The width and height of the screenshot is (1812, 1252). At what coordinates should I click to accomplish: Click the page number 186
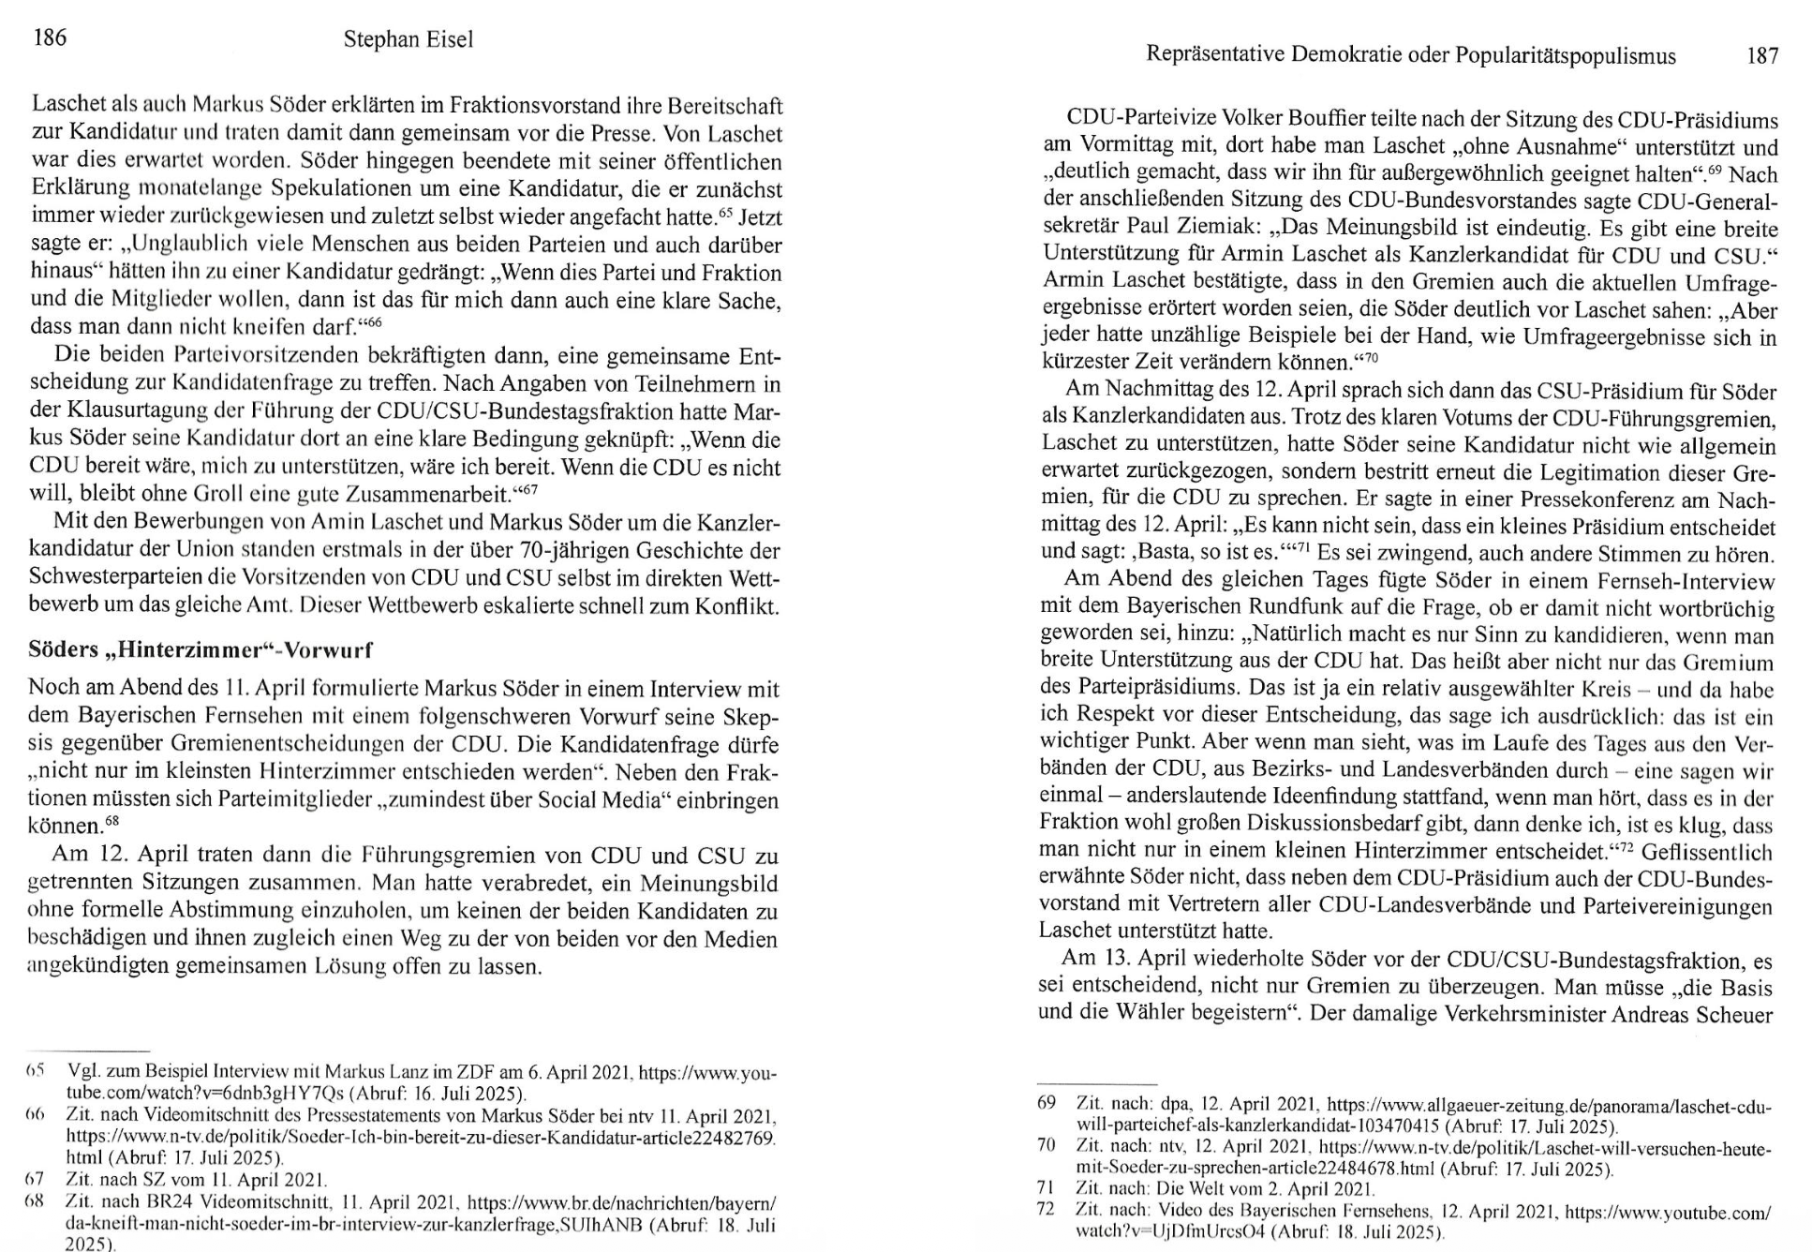50,37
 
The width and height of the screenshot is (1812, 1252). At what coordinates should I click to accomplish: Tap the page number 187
1762,56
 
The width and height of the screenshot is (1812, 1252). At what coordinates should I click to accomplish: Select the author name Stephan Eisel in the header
408,39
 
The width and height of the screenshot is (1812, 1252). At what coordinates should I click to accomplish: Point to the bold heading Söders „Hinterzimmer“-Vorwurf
201,649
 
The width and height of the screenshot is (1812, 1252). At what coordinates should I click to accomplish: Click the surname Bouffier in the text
1322,120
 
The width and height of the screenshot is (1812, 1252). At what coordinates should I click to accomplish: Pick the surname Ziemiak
1206,228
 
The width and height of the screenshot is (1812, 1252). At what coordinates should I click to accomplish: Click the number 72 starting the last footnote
1047,1210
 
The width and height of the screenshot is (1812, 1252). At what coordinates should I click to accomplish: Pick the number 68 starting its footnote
36,1201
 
